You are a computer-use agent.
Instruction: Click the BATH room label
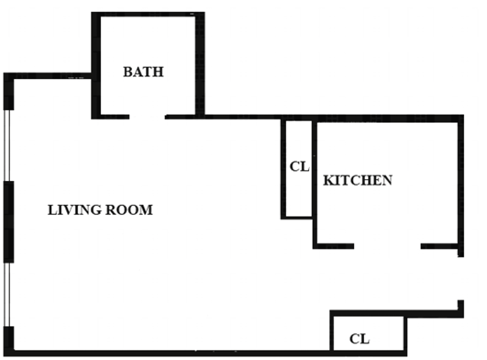[x=143, y=72]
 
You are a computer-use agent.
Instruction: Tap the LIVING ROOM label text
[x=100, y=210]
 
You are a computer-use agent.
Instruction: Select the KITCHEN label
[x=358, y=180]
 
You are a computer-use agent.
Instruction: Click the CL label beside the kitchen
[x=300, y=167]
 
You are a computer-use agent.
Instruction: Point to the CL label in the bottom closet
[x=359, y=339]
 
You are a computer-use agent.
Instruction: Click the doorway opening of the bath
[x=147, y=117]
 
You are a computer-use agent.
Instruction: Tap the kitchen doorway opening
[x=387, y=246]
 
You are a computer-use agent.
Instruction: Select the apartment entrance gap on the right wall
[x=461, y=278]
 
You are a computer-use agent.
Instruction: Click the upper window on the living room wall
[x=7, y=146]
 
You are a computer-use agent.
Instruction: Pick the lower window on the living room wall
[x=7, y=295]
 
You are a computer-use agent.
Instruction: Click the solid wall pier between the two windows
[x=9, y=222]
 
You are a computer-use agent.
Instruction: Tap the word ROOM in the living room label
[x=129, y=210]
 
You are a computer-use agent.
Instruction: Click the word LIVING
[x=74, y=210]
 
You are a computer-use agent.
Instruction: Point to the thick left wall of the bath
[x=96, y=66]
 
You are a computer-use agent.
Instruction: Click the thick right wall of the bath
[x=200, y=66]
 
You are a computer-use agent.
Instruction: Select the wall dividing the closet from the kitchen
[x=315, y=183]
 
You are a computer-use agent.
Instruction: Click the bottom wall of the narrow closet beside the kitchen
[x=296, y=217]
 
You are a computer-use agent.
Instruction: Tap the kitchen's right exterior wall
[x=461, y=186]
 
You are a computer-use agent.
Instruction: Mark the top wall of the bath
[x=148, y=14]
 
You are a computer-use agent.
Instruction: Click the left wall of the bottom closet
[x=331, y=333]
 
